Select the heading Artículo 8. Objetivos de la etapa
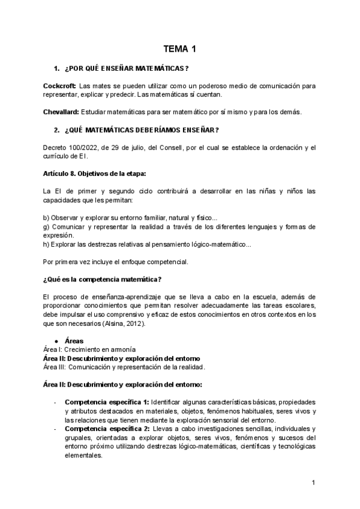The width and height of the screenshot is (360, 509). [x=94, y=173]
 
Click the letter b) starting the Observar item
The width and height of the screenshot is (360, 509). [x=47, y=217]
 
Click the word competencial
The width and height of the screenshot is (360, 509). [x=169, y=262]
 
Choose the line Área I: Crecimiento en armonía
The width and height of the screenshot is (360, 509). [x=90, y=349]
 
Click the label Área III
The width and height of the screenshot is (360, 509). [x=55, y=367]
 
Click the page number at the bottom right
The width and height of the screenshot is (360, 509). [x=314, y=483]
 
